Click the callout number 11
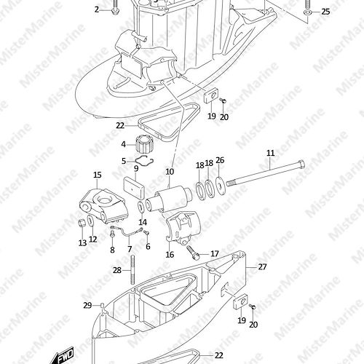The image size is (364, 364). (271, 153)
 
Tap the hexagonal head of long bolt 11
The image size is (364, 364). (301, 165)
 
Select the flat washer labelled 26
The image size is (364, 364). (221, 186)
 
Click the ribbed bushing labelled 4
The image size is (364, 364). (145, 144)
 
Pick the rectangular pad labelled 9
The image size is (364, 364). (134, 188)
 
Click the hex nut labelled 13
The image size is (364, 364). (82, 223)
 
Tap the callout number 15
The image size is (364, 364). (98, 175)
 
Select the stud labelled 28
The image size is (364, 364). (132, 269)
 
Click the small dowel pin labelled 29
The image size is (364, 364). (102, 305)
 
